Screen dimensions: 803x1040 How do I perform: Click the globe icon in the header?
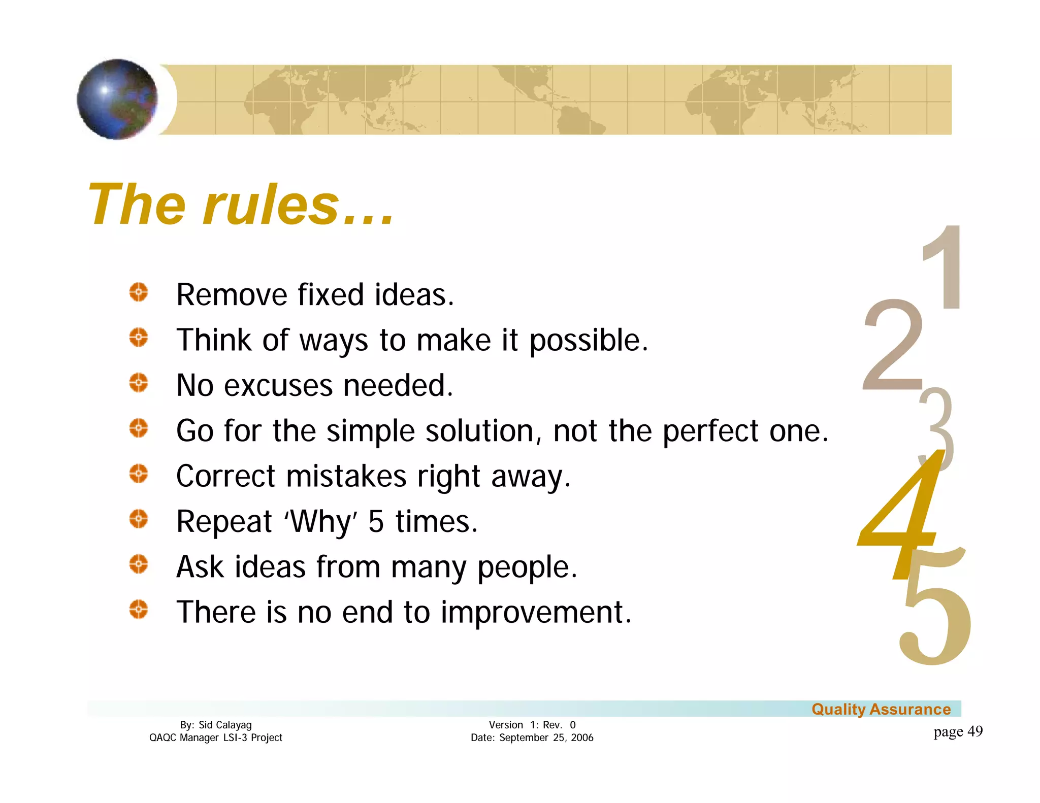[x=117, y=99]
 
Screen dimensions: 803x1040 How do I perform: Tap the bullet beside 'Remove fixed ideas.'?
[x=138, y=293]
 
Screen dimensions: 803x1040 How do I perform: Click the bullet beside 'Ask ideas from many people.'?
[x=138, y=564]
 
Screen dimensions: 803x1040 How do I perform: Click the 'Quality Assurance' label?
[x=881, y=709]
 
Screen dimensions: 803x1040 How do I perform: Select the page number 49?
[x=974, y=731]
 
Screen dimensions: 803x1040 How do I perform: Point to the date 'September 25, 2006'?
[x=546, y=738]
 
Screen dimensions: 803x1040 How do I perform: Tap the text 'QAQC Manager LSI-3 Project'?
[x=215, y=738]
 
